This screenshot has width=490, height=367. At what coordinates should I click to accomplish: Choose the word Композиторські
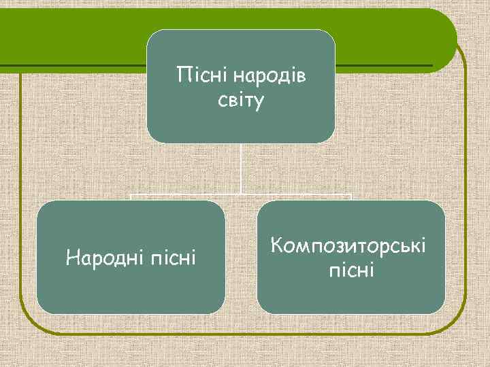[350, 244]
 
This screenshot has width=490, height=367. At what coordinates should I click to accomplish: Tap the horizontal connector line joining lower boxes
[242, 195]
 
